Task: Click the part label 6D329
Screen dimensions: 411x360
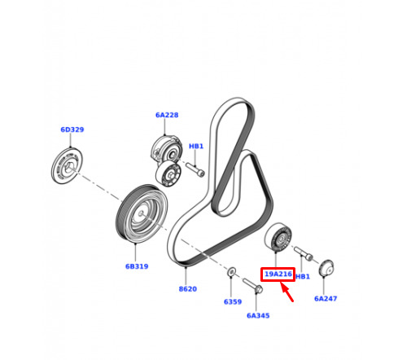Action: click(72, 130)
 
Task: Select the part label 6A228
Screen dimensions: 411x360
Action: click(167, 115)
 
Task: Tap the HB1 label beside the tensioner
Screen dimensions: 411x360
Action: click(196, 146)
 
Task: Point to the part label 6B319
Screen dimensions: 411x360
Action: click(137, 266)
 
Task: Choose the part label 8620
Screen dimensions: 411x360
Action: click(188, 289)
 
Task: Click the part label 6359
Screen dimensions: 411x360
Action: click(233, 301)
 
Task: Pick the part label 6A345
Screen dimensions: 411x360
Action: click(258, 315)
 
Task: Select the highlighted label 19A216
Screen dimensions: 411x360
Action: click(278, 274)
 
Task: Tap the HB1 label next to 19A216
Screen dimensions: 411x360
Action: click(303, 276)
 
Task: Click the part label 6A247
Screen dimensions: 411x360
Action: click(326, 298)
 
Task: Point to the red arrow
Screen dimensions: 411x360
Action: click(287, 292)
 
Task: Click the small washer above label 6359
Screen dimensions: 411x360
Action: click(231, 271)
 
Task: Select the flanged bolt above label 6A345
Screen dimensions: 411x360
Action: click(252, 286)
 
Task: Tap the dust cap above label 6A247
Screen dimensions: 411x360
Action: click(326, 267)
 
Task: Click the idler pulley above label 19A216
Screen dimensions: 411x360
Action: click(278, 237)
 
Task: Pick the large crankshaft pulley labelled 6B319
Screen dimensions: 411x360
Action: click(142, 213)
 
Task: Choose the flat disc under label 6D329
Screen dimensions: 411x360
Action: click(67, 165)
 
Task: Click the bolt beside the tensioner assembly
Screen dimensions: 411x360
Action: click(195, 169)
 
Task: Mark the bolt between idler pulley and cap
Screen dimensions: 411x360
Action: click(304, 253)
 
